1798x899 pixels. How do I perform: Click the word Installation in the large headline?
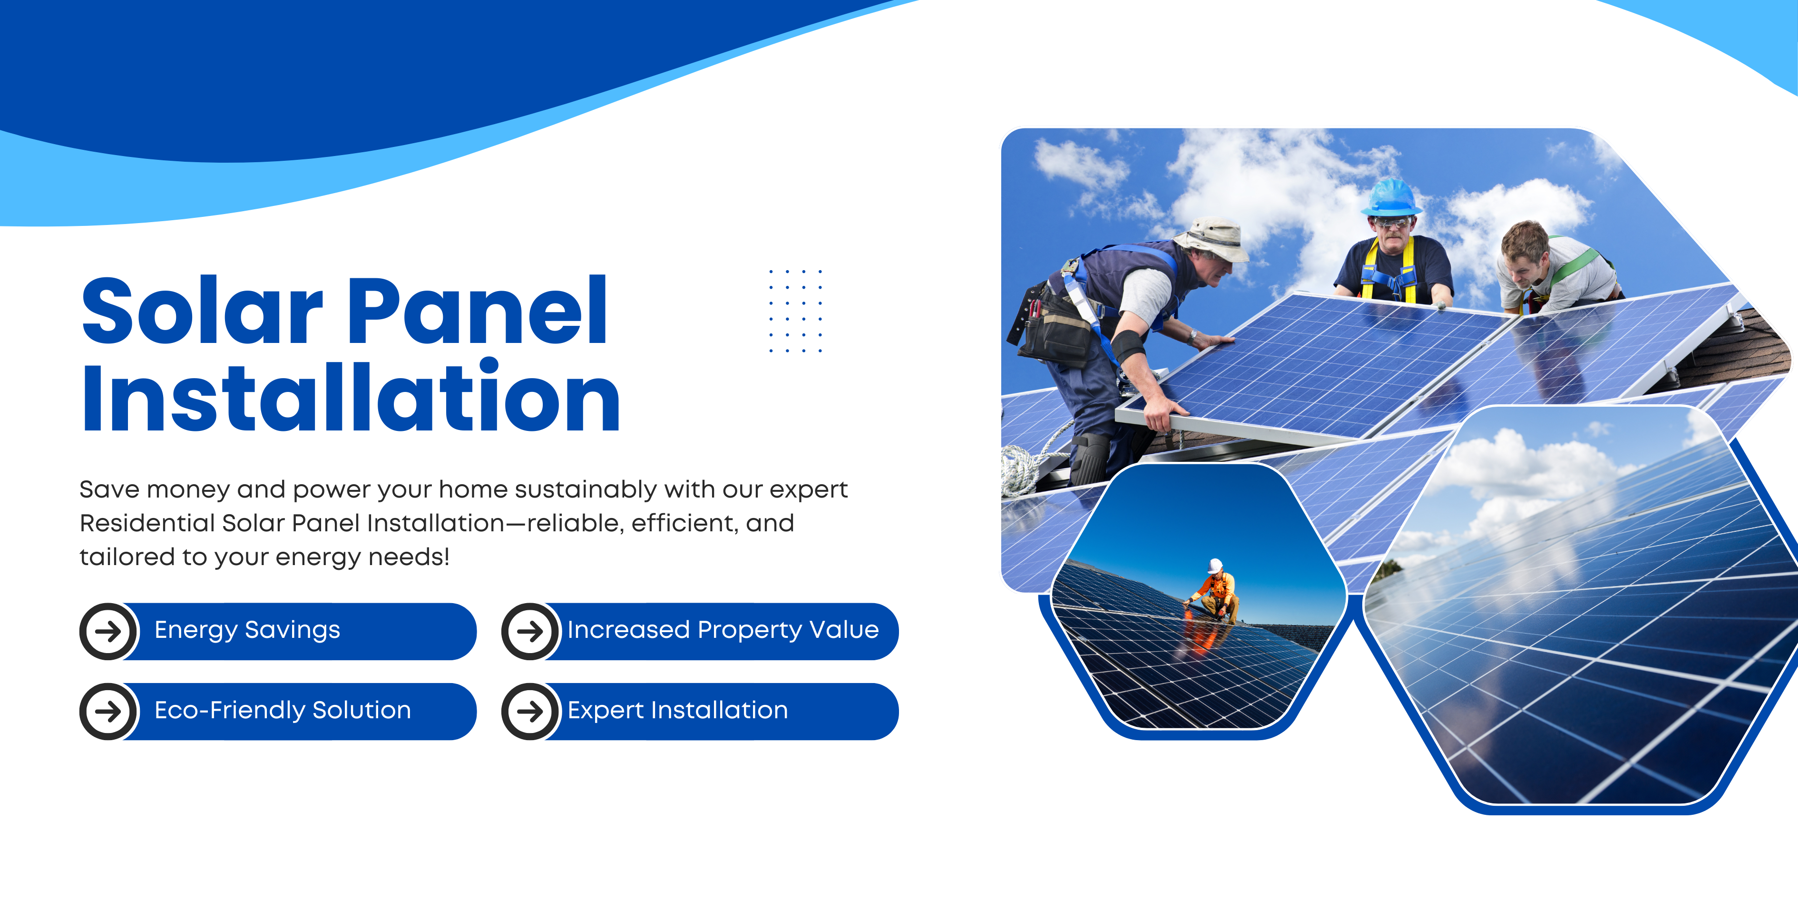(351, 396)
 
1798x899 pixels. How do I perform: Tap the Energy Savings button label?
(247, 630)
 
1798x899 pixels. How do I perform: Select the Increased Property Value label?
(723, 630)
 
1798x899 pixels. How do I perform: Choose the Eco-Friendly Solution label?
(283, 711)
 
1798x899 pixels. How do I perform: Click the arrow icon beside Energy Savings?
(108, 632)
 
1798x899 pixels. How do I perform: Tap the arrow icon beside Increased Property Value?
(530, 632)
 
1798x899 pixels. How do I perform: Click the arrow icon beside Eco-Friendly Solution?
(108, 711)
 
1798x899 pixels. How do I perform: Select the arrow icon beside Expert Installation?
(530, 711)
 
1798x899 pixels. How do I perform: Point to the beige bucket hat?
(1212, 239)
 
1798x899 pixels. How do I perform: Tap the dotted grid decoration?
(796, 311)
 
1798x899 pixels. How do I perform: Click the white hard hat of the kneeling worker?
(1215, 566)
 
